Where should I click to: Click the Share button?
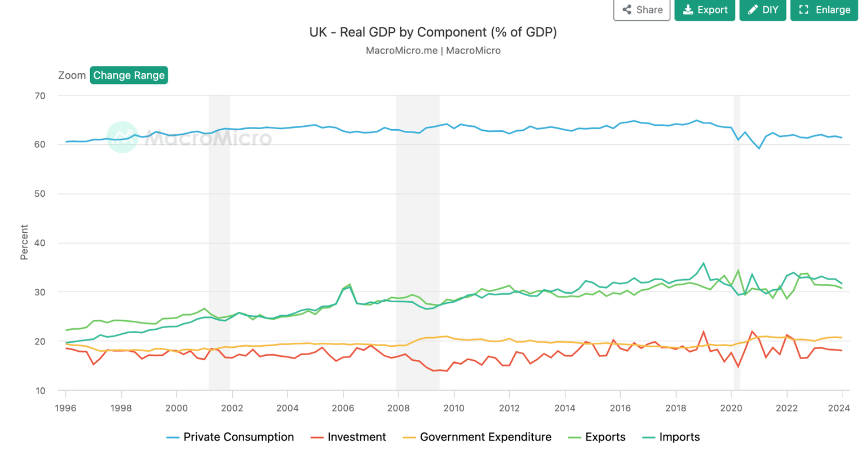pos(642,10)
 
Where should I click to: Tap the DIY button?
pos(762,10)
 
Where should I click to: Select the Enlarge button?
pos(824,10)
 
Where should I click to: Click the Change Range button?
pos(129,75)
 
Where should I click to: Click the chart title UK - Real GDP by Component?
pos(432,32)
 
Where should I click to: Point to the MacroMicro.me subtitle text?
pos(432,50)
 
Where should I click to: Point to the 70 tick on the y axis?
pos(39,96)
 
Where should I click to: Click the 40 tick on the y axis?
pos(39,243)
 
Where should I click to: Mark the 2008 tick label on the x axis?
pos(399,408)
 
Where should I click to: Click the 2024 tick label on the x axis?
pos(842,408)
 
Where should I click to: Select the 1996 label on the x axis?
pos(65,408)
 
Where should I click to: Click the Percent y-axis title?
pos(24,242)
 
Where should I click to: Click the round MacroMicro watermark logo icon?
pos(122,137)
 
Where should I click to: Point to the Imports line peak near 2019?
pos(703,263)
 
